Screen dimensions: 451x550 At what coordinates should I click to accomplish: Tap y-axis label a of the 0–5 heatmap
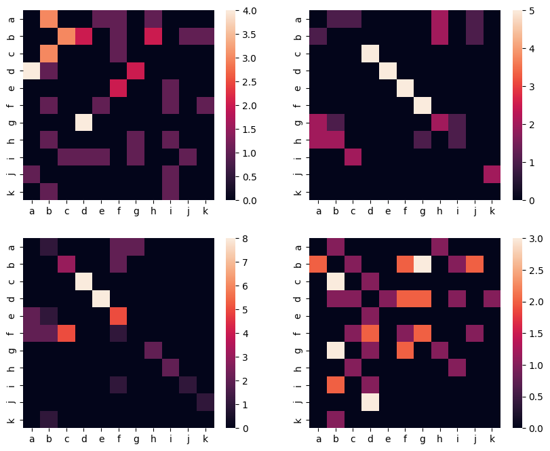coord(298,20)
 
